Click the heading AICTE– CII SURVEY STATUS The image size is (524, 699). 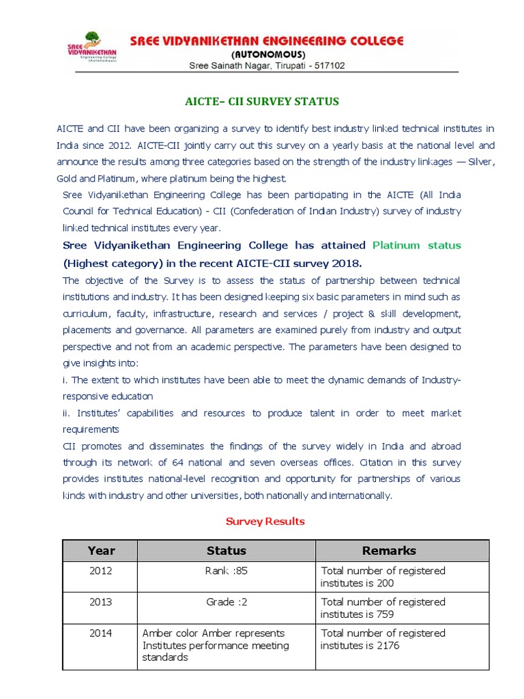click(262, 102)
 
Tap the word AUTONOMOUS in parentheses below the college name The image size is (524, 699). click(268, 54)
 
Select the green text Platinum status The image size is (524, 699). click(417, 245)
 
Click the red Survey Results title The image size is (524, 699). click(265, 522)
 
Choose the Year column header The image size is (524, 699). click(101, 550)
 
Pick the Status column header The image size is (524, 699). click(226, 550)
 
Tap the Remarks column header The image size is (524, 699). click(388, 550)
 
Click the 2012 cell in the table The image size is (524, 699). click(101, 571)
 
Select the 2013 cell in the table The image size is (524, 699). click(101, 602)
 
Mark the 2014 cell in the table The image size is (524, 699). click(101, 633)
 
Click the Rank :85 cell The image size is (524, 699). click(227, 571)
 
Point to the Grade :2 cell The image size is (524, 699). click(227, 602)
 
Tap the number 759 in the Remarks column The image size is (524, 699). click(384, 614)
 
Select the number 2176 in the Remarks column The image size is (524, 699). click(386, 646)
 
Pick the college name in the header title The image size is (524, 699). click(267, 40)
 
